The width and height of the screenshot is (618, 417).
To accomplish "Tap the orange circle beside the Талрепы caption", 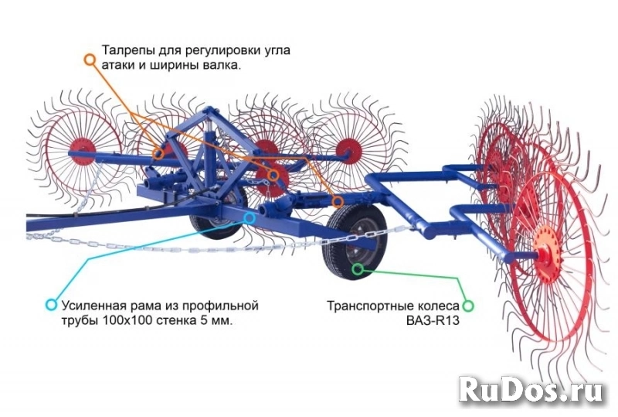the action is pos(90,60).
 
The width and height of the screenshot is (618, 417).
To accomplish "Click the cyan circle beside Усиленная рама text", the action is pos(51,305).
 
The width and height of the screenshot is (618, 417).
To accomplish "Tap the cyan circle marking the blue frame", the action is pos(250,217).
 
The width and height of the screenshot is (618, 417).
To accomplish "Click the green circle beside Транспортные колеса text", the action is pos(468,306).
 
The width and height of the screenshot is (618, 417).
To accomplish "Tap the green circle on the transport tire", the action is pos(358,269).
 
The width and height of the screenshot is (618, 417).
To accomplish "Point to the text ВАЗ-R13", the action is pos(433,320).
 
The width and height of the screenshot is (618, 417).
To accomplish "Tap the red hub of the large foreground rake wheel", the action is pos(548,253).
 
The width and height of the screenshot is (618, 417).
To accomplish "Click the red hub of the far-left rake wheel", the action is pos(83,151).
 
